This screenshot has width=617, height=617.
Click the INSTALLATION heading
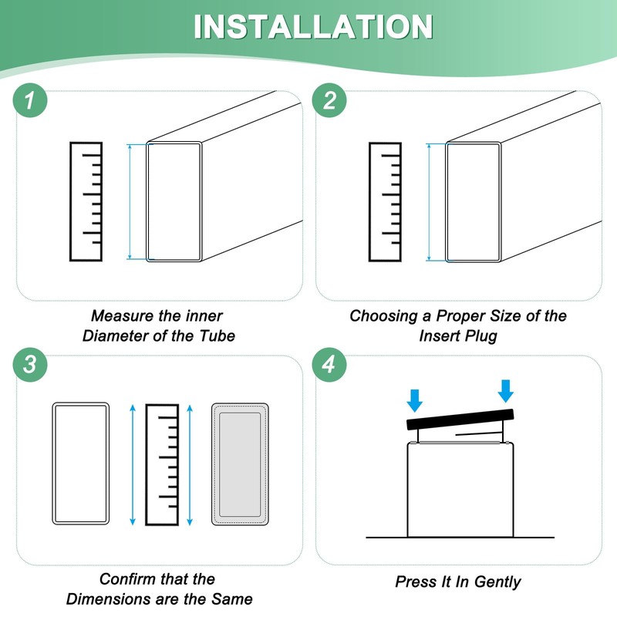coord(313,27)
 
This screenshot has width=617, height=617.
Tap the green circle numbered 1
coord(30,100)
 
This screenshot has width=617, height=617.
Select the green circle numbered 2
coord(329,100)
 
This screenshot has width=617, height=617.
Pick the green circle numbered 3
coord(30,364)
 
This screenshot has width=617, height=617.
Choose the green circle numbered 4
coord(329,364)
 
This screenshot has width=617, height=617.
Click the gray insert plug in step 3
coord(240,464)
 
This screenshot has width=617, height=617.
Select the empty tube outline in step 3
coord(53,464)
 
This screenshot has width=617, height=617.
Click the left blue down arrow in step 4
coord(415,400)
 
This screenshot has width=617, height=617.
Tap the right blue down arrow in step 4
coord(506,391)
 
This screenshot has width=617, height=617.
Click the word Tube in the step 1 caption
coord(217,336)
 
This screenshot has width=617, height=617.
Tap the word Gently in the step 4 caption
coord(497,582)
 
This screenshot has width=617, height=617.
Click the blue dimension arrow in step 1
coord(130,201)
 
